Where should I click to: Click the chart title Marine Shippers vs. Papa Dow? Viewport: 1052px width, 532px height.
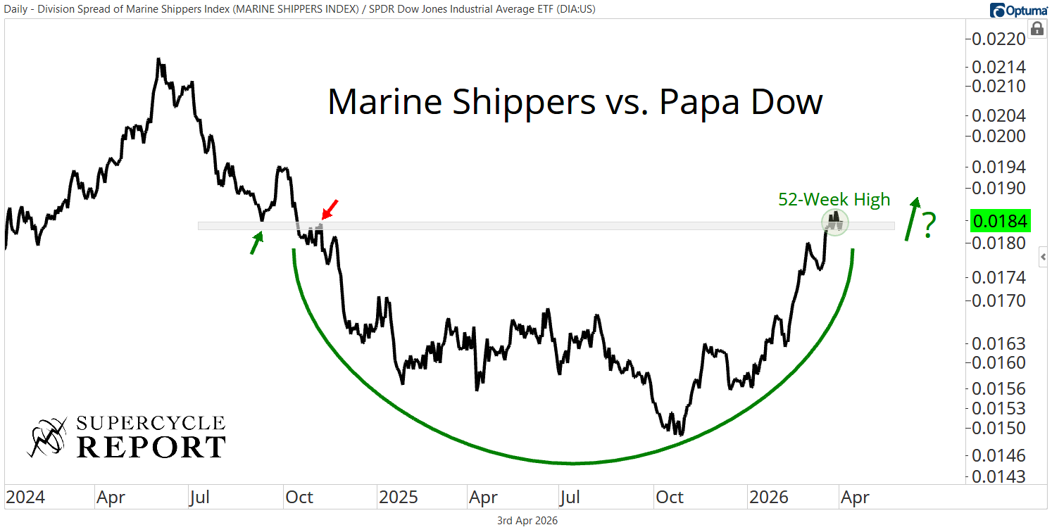(x=575, y=103)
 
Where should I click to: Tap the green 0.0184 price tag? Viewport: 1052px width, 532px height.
(x=999, y=222)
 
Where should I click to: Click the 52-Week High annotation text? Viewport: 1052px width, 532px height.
(x=834, y=200)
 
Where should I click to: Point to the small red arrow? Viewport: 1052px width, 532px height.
(x=329, y=210)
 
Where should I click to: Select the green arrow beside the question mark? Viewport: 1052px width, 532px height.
(x=912, y=218)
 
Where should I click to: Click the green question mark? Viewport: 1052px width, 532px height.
(x=929, y=225)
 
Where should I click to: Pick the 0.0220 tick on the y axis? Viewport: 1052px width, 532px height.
(x=999, y=39)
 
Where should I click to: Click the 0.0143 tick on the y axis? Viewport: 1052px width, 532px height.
(x=999, y=476)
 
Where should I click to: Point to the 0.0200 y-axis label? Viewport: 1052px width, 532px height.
(x=999, y=136)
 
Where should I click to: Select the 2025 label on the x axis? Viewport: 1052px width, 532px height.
(x=399, y=498)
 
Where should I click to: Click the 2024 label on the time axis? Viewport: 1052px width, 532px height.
(x=25, y=498)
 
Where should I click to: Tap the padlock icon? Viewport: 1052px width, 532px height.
(x=1037, y=29)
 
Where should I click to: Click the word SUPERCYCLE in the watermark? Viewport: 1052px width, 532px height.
(x=150, y=424)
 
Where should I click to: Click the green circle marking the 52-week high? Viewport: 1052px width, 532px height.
(x=835, y=222)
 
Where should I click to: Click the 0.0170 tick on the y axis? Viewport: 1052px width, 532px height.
(x=999, y=300)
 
